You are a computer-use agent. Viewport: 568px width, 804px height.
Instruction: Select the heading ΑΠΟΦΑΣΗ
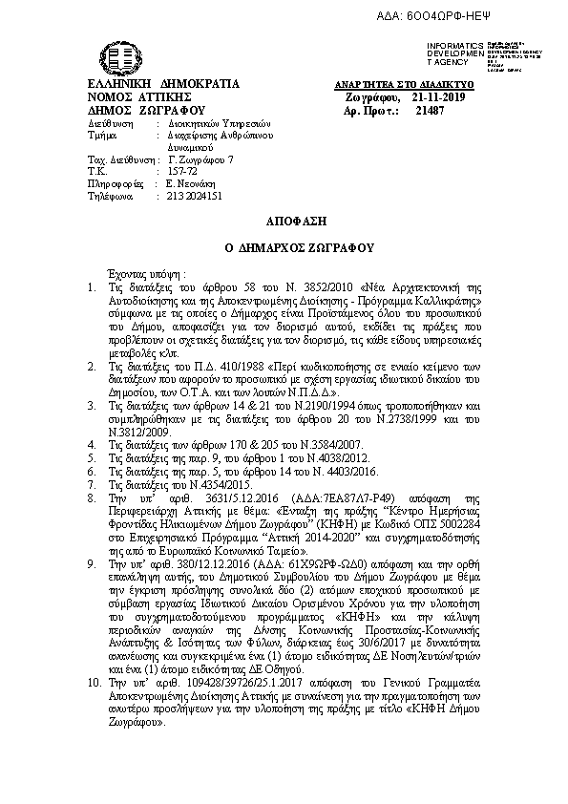pyautogui.click(x=284, y=218)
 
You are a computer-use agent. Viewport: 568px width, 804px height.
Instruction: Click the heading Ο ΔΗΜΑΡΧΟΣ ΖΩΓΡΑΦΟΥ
pyautogui.click(x=284, y=245)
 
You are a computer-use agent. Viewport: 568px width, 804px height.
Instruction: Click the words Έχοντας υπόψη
pyautogui.click(x=143, y=272)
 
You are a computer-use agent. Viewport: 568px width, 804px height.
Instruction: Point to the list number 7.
pyautogui.click(x=90, y=486)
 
